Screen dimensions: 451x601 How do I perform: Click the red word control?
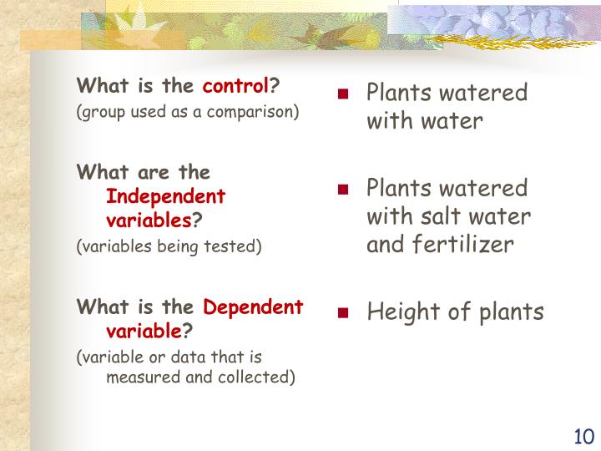[237, 85]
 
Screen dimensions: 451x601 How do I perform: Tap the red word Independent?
[165, 197]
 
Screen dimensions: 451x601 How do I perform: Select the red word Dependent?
[254, 307]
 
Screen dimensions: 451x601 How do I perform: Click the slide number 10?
[583, 436]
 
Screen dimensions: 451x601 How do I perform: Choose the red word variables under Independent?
[149, 220]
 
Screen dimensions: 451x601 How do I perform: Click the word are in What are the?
[139, 172]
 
